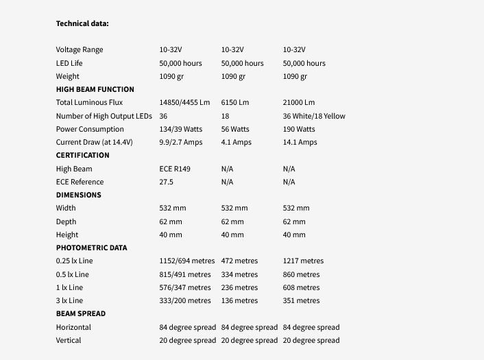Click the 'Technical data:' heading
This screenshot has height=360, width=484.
click(x=82, y=23)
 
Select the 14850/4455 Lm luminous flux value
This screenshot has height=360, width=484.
click(x=184, y=103)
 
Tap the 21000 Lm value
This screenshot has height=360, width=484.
click(x=299, y=103)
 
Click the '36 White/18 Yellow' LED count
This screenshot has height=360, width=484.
click(x=314, y=116)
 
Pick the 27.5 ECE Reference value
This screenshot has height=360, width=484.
click(x=166, y=182)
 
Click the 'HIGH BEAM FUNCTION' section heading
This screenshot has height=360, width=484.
click(x=95, y=89)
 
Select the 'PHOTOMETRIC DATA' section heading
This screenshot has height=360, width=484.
click(x=91, y=248)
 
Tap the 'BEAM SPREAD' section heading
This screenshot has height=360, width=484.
click(x=80, y=313)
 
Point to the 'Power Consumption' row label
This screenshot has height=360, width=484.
click(x=90, y=129)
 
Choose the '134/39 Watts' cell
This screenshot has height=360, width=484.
click(x=181, y=129)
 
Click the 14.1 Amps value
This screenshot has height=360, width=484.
click(x=300, y=142)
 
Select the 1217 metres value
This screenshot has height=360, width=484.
click(x=303, y=261)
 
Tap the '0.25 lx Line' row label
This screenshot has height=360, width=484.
click(x=77, y=261)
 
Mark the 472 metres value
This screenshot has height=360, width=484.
click(x=239, y=261)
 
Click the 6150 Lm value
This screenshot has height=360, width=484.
click(x=235, y=103)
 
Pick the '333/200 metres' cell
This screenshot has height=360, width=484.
click(x=185, y=300)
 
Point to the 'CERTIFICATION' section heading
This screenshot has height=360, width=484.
click(x=82, y=155)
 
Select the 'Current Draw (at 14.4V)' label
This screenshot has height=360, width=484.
click(x=94, y=142)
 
